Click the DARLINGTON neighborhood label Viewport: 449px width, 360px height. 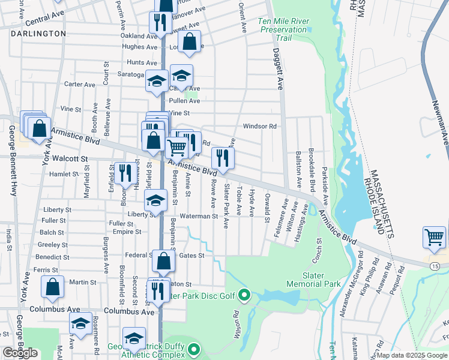pos(38,34)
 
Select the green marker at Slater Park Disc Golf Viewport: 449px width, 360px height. pos(244,295)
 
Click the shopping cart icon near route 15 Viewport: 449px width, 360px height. pos(434,236)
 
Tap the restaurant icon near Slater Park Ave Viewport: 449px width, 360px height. pos(223,158)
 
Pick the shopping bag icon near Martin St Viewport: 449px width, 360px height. pos(53,287)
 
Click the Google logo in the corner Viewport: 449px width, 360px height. pos(20,353)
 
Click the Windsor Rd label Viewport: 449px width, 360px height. pos(259,127)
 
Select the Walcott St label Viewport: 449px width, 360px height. pos(70,159)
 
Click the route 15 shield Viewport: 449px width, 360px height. pos(433,265)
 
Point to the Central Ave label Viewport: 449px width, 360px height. pos(47,13)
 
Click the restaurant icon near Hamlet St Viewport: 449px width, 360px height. pos(124,174)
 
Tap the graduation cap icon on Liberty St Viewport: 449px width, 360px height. pos(156,201)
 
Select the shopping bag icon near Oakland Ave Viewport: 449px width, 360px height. pos(189,41)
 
